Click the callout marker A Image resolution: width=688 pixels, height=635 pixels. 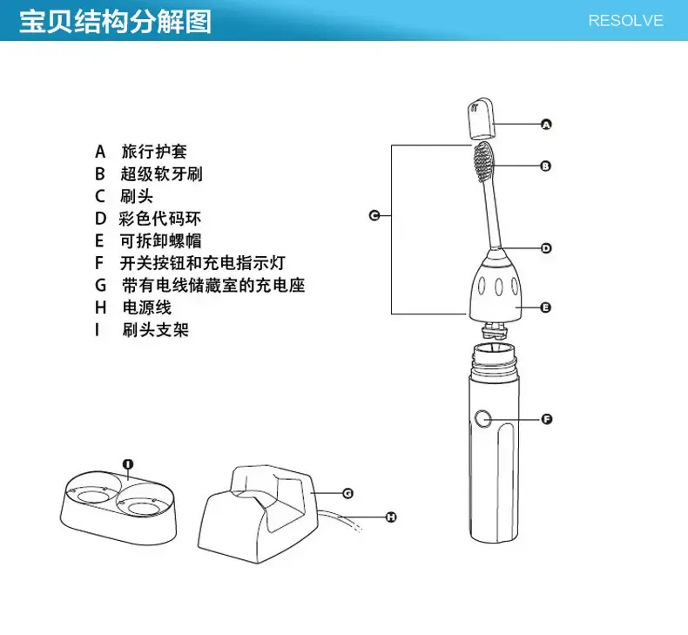pyautogui.click(x=546, y=125)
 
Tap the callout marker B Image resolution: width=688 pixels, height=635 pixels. pyautogui.click(x=546, y=166)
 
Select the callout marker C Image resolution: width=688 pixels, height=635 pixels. pyautogui.click(x=374, y=215)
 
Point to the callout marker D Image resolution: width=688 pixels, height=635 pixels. pyautogui.click(x=546, y=248)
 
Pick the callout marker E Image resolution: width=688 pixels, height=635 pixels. pyautogui.click(x=546, y=307)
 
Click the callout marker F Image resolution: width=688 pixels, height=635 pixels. pyautogui.click(x=547, y=419)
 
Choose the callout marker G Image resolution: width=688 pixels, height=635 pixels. pyautogui.click(x=347, y=493)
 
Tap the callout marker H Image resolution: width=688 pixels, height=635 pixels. pyautogui.click(x=391, y=517)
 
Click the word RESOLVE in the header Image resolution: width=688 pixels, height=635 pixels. pyautogui.click(x=625, y=20)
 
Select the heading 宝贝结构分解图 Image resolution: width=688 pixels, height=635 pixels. pyautogui.click(x=116, y=21)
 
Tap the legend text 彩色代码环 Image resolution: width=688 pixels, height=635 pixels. pyautogui.click(x=160, y=219)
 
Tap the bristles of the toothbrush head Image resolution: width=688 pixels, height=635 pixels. pyautogui.click(x=483, y=159)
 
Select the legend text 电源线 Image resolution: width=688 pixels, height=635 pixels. pyautogui.click(x=146, y=307)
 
